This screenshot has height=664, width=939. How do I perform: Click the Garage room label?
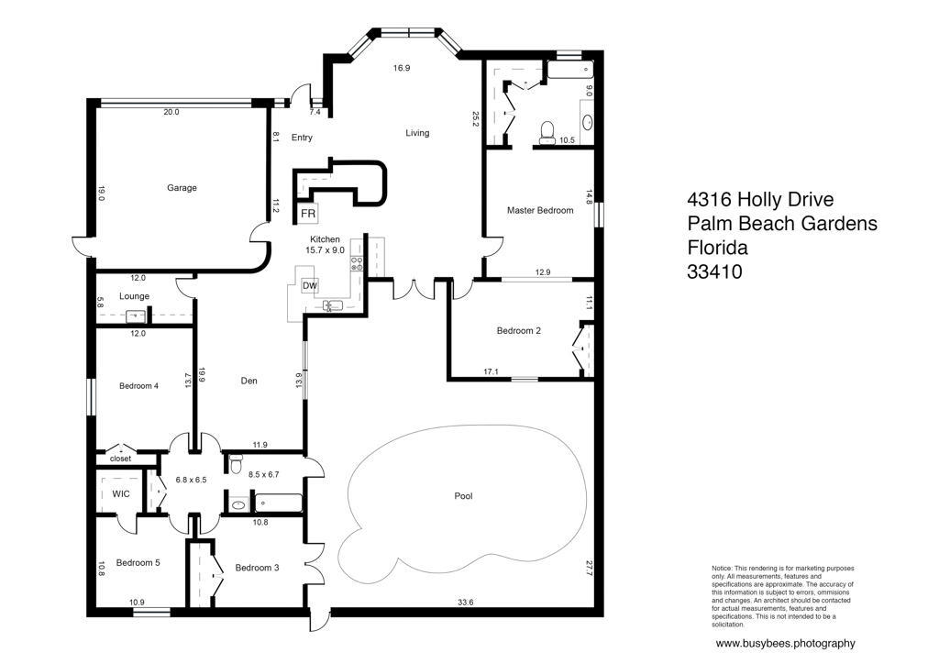tap(182, 187)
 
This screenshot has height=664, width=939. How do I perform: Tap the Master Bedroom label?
tap(539, 210)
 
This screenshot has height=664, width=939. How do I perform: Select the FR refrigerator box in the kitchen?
tap(308, 214)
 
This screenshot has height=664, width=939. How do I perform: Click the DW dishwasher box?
tap(310, 286)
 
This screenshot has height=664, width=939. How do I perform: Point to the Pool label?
tap(463, 496)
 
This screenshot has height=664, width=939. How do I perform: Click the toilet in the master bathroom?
tap(547, 132)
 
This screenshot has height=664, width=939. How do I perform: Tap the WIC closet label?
tap(121, 494)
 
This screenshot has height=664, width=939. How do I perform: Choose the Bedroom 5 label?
tap(138, 563)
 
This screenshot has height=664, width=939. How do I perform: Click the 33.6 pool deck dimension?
tap(465, 603)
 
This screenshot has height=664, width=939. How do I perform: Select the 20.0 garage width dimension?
tap(171, 112)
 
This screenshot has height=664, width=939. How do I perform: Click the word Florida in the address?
tap(717, 248)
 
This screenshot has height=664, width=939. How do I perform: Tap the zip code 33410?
tap(714, 271)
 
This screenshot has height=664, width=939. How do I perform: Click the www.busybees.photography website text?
tap(786, 644)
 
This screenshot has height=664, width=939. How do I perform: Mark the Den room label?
tap(249, 381)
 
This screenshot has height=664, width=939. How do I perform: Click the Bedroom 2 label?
tap(519, 330)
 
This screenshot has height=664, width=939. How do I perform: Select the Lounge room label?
tap(134, 296)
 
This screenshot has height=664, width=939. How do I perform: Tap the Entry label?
tap(302, 138)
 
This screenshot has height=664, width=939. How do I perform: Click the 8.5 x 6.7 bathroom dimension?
tap(263, 475)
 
